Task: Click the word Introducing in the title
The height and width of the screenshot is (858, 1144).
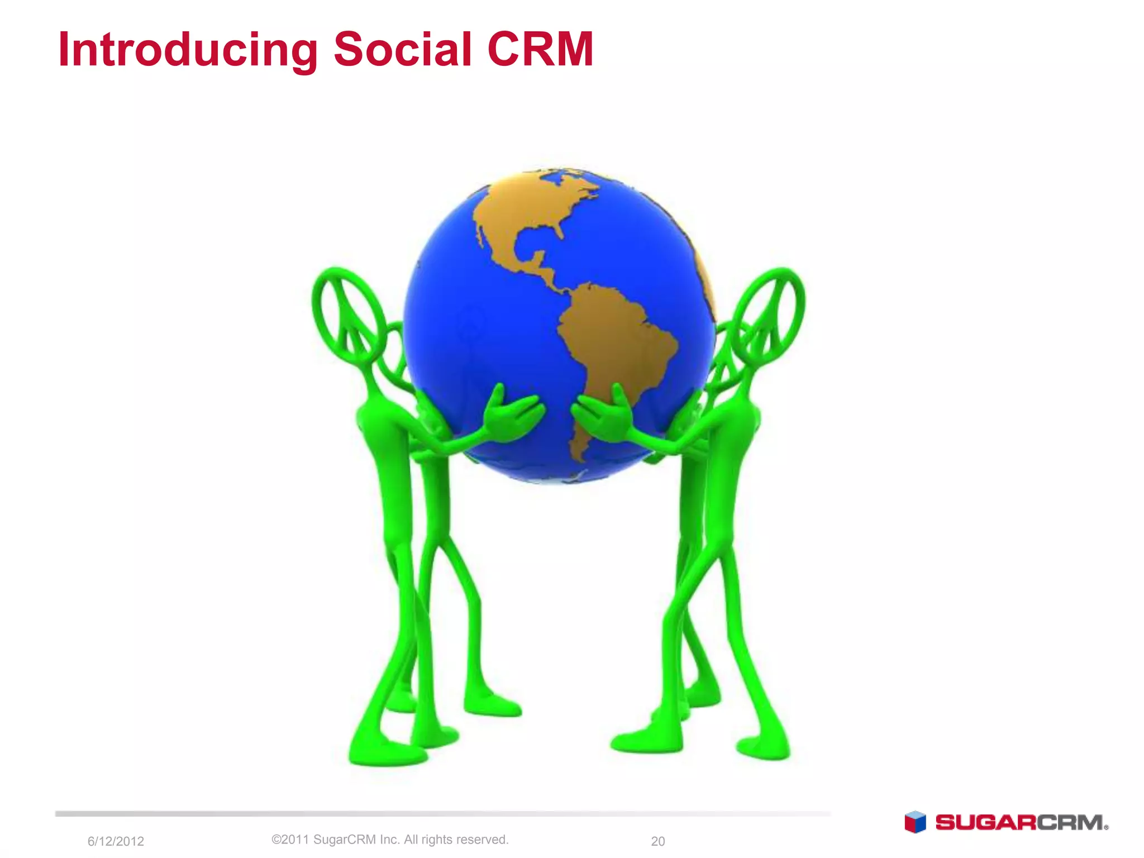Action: coord(188,50)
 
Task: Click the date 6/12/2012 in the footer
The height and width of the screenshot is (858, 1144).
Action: coord(116,841)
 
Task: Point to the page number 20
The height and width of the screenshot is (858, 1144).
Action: coord(657,841)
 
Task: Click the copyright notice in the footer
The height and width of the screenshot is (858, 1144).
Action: coord(390,840)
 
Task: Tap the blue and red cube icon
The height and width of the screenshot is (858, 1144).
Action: coord(915,822)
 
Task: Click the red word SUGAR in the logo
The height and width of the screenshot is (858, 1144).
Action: coord(985,823)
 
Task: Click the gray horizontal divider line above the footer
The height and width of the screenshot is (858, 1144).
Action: coord(441,814)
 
